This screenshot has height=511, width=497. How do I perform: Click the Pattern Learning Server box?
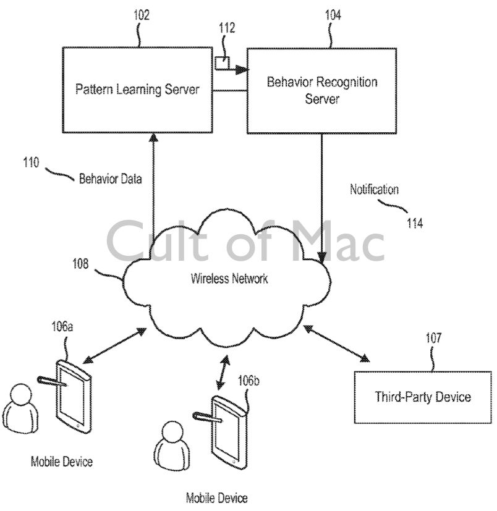137,90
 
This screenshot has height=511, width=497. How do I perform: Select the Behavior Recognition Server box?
321,90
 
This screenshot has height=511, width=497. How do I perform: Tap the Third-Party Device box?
423,397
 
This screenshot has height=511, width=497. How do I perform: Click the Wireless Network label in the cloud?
229,279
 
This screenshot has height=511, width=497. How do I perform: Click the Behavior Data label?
110,180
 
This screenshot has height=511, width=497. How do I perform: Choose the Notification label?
374,190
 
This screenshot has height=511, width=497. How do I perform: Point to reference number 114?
414,224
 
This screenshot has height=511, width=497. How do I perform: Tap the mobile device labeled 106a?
74,395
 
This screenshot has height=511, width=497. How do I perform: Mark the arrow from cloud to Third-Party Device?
337,344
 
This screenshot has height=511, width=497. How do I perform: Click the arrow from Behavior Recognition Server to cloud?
321,198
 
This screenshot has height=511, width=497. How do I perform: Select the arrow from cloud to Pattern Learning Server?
153,185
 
